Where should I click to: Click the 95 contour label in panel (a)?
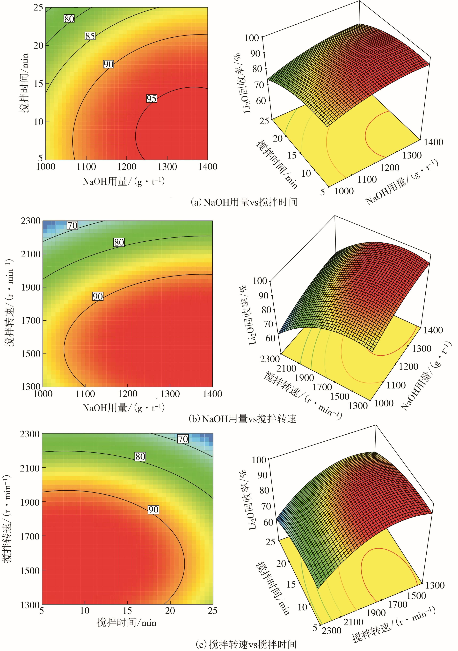pyautogui.click(x=152, y=98)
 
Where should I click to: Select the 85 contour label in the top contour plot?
pyautogui.click(x=90, y=36)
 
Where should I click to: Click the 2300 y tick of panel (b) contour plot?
pyautogui.click(x=31, y=221)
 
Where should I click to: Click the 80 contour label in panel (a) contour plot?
pyautogui.click(x=69, y=19)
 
